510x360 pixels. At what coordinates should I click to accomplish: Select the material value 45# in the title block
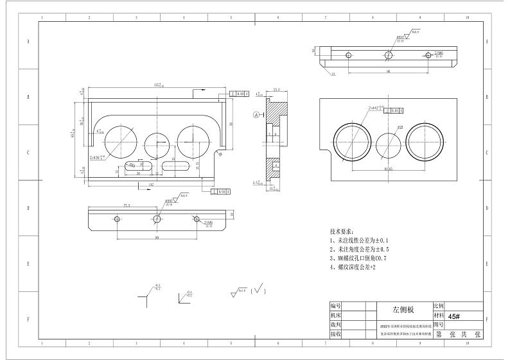click(455, 316)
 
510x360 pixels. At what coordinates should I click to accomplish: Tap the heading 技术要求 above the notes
click(341, 230)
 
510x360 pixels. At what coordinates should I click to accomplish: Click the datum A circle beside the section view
click(256, 115)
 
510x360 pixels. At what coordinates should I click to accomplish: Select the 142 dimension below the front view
click(149, 184)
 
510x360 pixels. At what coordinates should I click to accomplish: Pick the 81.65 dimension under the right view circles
click(388, 169)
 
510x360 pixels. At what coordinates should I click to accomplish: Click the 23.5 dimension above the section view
click(276, 90)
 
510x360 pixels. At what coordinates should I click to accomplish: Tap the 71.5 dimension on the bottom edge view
click(126, 206)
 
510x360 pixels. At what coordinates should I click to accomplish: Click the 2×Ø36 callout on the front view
click(98, 156)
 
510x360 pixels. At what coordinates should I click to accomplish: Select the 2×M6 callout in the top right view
click(439, 54)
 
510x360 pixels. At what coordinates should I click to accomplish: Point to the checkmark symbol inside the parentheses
click(259, 289)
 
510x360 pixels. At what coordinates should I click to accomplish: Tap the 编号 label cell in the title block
click(335, 306)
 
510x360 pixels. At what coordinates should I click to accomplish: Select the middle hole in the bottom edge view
click(156, 219)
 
